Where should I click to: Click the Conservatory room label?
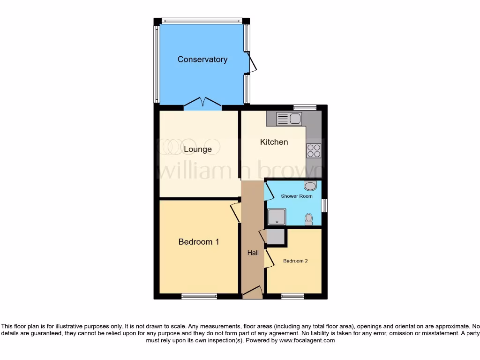click(202, 60)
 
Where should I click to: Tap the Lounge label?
click(197, 150)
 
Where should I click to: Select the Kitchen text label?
click(274, 142)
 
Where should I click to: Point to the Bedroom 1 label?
click(199, 242)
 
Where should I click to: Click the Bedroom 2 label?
click(295, 261)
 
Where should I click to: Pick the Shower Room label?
click(297, 196)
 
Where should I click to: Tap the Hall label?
click(253, 253)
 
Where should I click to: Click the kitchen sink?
click(289, 119)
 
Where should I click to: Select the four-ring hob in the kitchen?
click(314, 150)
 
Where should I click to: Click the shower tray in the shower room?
click(277, 217)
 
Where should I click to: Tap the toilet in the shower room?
click(308, 218)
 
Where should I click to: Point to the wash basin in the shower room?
click(310, 186)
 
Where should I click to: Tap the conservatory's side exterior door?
click(252, 64)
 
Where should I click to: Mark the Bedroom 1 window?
click(199, 296)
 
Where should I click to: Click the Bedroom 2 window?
click(292, 296)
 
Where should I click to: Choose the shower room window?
click(324, 205)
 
